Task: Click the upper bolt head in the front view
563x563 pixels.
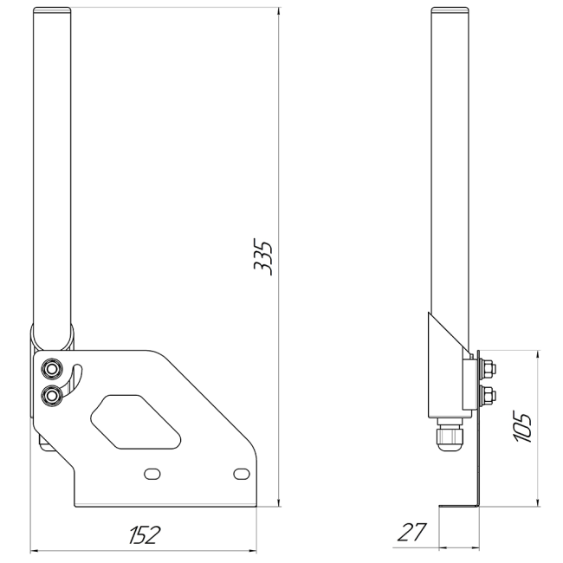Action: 53,370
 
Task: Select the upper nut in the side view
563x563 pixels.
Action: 487,369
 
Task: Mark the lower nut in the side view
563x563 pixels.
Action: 487,398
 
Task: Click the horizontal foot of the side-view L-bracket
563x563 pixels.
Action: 459,506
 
